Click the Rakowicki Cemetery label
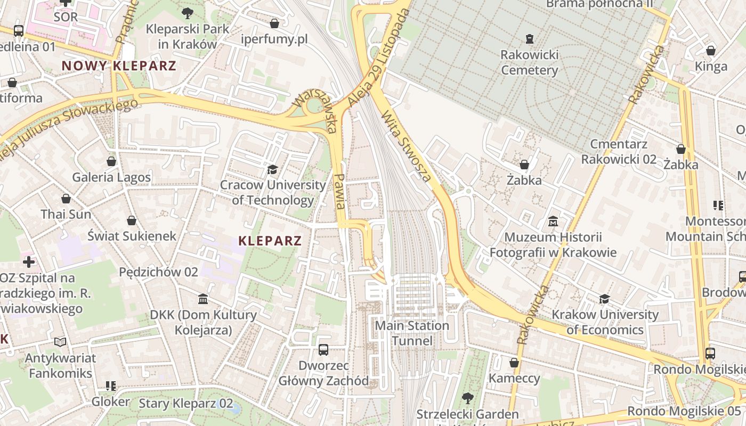pos(530,62)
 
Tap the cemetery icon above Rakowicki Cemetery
pos(530,38)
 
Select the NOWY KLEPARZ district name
pos(118,66)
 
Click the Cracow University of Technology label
pos(273,192)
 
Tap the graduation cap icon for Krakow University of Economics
pos(604,299)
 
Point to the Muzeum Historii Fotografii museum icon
pos(553,221)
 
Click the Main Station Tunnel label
pos(412,333)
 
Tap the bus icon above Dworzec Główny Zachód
pos(323,350)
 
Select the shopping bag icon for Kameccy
pos(514,363)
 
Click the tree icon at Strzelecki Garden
pos(467,397)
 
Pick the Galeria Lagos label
pos(111,177)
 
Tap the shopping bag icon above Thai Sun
pos(66,199)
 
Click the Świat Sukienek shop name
pos(132,235)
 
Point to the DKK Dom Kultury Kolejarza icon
pos(203,299)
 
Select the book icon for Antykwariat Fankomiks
pos(60,342)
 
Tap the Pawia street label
pos(339,191)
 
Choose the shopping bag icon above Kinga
pos(711,51)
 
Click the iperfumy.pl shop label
pos(274,39)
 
